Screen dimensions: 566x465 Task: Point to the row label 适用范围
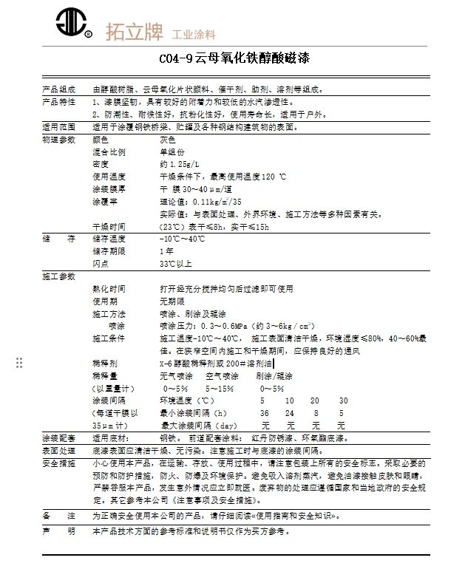coord(58,127)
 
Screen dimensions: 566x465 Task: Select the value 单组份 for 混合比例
coord(171,151)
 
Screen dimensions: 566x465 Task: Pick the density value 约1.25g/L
coord(179,164)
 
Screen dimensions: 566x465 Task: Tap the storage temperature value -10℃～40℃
coord(182,239)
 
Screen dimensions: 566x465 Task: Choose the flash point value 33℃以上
coord(175,264)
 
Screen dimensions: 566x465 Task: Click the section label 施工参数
coord(58,276)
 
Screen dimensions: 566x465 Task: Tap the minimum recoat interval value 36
coord(265,414)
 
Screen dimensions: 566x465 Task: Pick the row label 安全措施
coord(58,463)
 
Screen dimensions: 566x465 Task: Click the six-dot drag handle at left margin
coord(19,362)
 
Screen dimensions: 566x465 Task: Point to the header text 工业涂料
coord(193,35)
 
